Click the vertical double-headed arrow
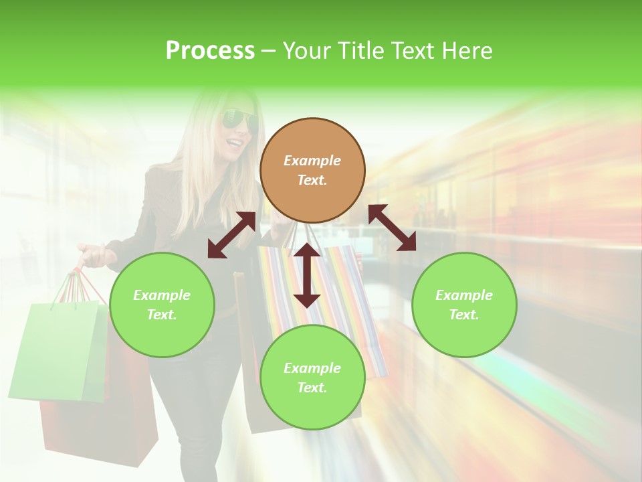coord(307,275)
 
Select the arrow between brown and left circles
coord(231,235)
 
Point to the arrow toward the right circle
coord(393,228)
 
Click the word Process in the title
coord(210,50)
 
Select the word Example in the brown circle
coord(312,161)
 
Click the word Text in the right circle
coord(463,315)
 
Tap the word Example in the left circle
coord(162,295)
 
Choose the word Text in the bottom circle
coord(311,388)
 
